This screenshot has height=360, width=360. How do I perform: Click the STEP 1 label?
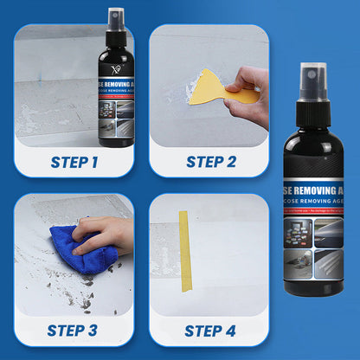pyautogui.click(x=74, y=162)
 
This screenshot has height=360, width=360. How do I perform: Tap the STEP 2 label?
pyautogui.click(x=210, y=162)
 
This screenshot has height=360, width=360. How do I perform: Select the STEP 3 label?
pyautogui.click(x=74, y=330)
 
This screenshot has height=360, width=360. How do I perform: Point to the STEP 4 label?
pyautogui.click(x=210, y=330)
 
